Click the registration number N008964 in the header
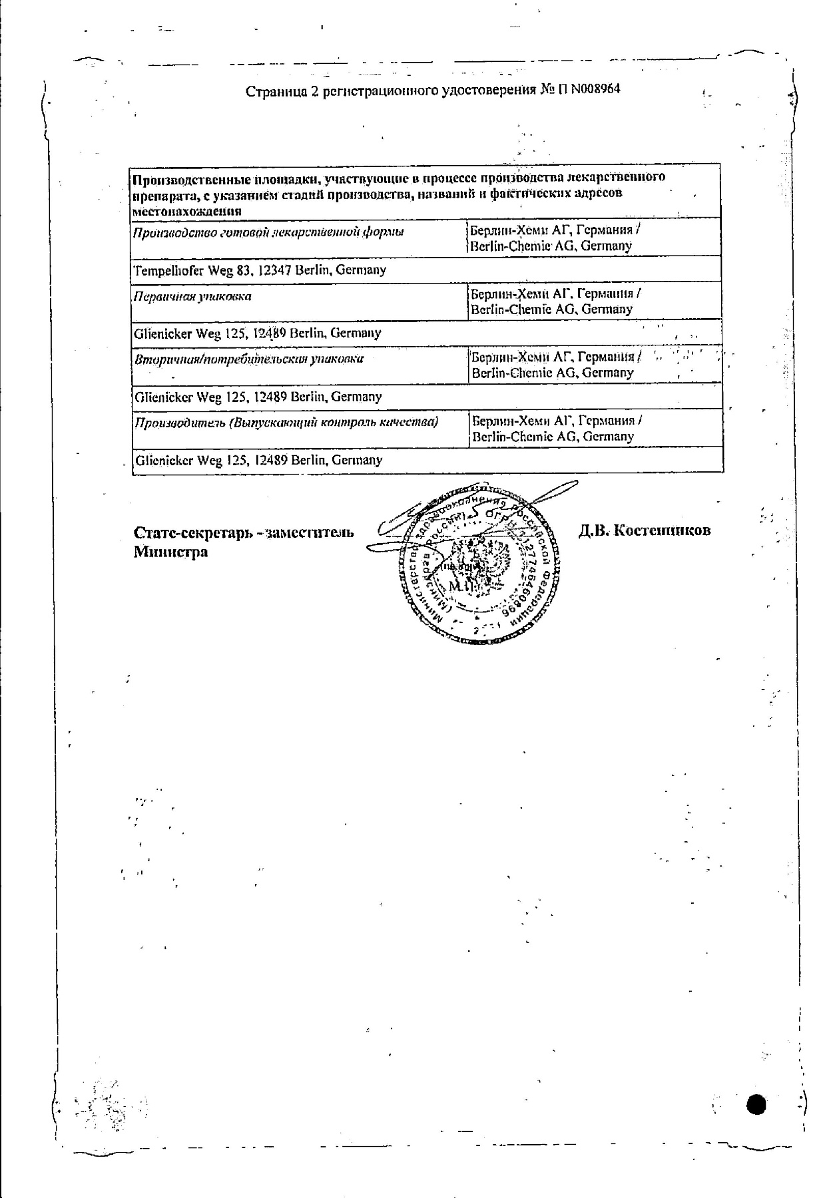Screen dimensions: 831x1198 click(591, 89)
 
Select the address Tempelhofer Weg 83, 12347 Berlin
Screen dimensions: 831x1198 click(260, 270)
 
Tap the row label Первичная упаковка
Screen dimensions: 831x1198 click(192, 297)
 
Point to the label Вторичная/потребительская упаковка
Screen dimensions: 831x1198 click(249, 359)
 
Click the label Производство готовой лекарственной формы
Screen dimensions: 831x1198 click(268, 232)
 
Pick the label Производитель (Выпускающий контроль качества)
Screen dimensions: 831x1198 click(286, 423)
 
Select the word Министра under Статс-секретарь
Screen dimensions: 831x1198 click(170, 552)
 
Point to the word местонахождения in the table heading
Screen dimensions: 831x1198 click(187, 211)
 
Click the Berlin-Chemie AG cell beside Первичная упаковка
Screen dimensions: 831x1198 click(552, 301)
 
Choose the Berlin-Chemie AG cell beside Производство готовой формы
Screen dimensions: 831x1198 click(552, 238)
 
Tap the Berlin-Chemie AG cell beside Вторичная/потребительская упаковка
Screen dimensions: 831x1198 click(552, 365)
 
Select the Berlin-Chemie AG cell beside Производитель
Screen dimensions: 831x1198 click(552, 429)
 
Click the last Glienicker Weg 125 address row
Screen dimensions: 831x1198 click(258, 460)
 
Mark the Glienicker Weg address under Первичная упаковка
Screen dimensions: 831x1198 click(258, 333)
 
